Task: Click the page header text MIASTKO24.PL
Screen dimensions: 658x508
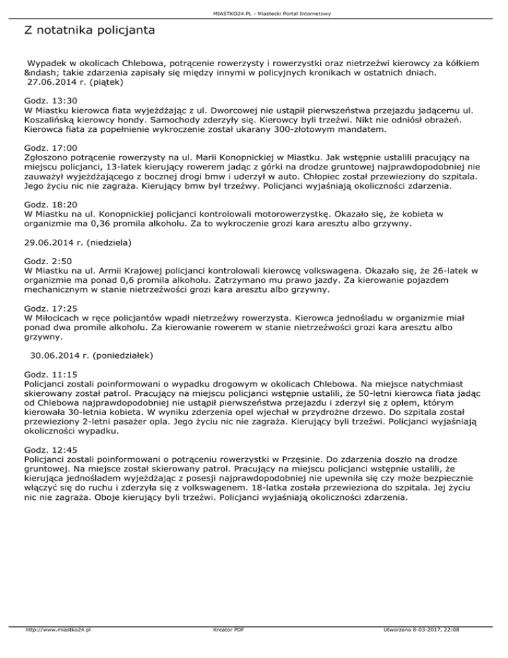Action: pyautogui.click(x=253, y=13)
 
